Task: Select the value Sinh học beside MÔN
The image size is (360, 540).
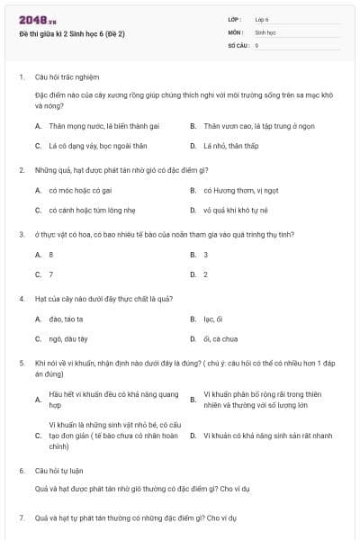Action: click(x=265, y=31)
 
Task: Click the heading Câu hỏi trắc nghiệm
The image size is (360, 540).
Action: click(x=67, y=77)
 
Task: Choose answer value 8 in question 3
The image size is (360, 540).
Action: click(x=51, y=255)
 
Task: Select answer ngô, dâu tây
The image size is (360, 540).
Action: click(x=68, y=338)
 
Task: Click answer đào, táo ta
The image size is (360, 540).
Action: click(x=67, y=319)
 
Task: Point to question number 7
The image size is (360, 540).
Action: click(x=22, y=518)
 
